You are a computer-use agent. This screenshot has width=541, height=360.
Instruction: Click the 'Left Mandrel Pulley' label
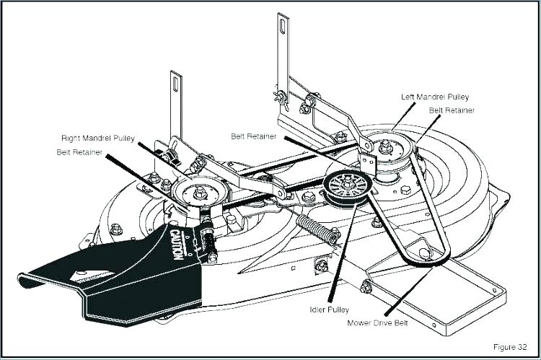pos(435,96)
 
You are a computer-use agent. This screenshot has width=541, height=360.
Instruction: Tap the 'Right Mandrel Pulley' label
pos(97,137)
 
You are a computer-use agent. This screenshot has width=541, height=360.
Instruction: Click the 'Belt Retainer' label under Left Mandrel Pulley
pos(452,110)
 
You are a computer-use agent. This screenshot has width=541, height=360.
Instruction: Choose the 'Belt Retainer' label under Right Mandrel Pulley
pos(79,152)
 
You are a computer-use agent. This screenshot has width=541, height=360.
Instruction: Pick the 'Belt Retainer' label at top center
pos(254,136)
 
